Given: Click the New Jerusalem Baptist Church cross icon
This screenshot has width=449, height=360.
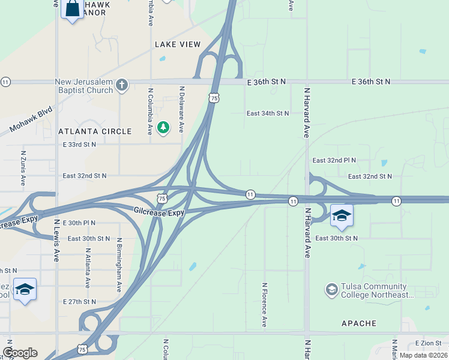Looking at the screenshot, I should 122,85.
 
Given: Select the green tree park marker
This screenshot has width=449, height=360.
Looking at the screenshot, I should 163,127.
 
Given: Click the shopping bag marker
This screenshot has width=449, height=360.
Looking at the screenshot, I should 72,10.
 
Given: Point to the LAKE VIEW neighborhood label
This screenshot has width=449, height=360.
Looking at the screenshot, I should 178,44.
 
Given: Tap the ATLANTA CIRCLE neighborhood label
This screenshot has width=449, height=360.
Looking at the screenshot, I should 95,131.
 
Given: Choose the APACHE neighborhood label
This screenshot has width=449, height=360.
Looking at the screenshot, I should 358,323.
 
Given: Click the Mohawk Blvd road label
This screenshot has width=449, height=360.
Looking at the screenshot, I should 32,121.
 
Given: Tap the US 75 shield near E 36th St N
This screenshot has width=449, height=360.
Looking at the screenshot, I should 214,97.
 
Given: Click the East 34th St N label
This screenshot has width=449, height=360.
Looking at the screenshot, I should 268,113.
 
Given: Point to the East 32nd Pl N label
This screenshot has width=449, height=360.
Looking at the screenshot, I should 334,161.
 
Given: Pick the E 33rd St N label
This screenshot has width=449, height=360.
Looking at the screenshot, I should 79,145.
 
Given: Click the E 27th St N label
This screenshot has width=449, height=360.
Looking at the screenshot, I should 79,301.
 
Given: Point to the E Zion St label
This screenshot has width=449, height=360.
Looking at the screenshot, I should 428,343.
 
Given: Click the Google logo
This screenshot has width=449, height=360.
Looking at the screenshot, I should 20,353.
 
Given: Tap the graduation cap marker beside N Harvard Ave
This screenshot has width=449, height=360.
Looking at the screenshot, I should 342,216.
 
